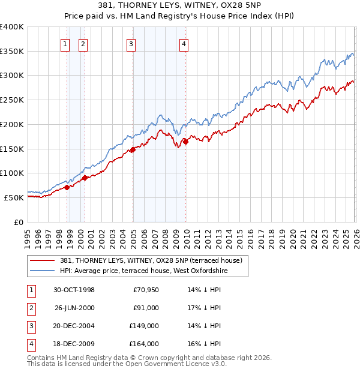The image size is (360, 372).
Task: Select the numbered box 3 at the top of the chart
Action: (x=130, y=43)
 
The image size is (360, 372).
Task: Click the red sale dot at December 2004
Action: (x=133, y=150)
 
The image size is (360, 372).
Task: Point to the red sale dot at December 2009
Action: (x=185, y=142)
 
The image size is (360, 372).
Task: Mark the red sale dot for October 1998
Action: (x=67, y=187)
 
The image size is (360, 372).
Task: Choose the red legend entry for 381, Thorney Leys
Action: (x=151, y=260)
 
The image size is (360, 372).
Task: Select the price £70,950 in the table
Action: (x=145, y=290)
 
